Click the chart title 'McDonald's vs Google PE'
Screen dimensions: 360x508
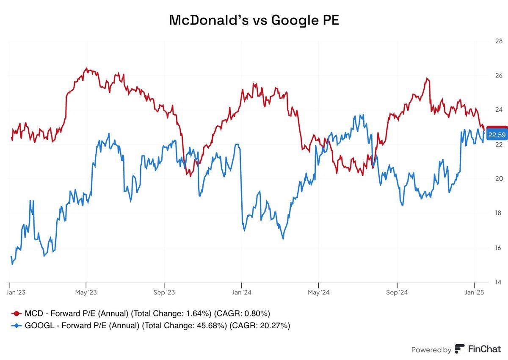click(x=254, y=19)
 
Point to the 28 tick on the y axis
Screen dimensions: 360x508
click(x=498, y=41)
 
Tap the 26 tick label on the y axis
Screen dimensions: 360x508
click(x=498, y=75)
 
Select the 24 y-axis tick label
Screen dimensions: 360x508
click(x=498, y=110)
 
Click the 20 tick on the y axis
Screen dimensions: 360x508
click(x=498, y=179)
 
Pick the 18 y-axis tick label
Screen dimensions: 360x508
click(x=498, y=213)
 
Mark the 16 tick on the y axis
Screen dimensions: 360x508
click(x=498, y=248)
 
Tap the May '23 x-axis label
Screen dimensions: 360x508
click(x=86, y=292)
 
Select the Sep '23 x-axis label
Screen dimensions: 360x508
click(x=164, y=292)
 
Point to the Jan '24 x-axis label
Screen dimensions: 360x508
click(x=241, y=292)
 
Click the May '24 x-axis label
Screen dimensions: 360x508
click(x=318, y=292)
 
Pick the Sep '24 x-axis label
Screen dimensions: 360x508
click(x=397, y=292)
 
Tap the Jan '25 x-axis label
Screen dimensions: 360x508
click(x=475, y=292)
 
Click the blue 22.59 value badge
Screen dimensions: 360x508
click(x=496, y=136)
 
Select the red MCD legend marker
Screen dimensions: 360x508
click(x=17, y=313)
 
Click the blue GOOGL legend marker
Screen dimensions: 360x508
click(x=17, y=325)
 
